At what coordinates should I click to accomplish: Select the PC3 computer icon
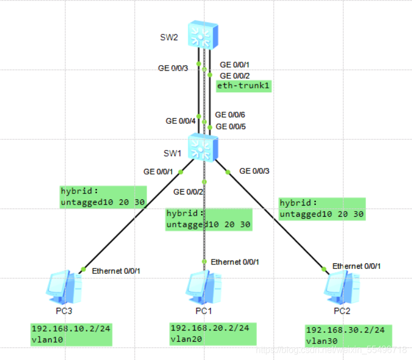(64, 287)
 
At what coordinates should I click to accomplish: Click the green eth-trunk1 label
(244, 86)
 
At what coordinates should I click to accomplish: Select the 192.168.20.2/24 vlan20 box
(210, 333)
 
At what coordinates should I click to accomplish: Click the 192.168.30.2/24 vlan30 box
(348, 335)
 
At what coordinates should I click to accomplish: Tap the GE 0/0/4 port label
(181, 121)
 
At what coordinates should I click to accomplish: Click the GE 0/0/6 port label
(230, 114)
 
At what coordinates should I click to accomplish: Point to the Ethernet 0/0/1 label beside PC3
(116, 271)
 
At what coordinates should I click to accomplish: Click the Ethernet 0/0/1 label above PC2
(356, 266)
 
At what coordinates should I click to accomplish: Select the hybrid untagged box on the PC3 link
(103, 197)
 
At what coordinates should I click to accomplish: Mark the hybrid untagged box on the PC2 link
(322, 208)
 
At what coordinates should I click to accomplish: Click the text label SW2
(169, 37)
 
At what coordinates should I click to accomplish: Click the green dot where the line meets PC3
(82, 269)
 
